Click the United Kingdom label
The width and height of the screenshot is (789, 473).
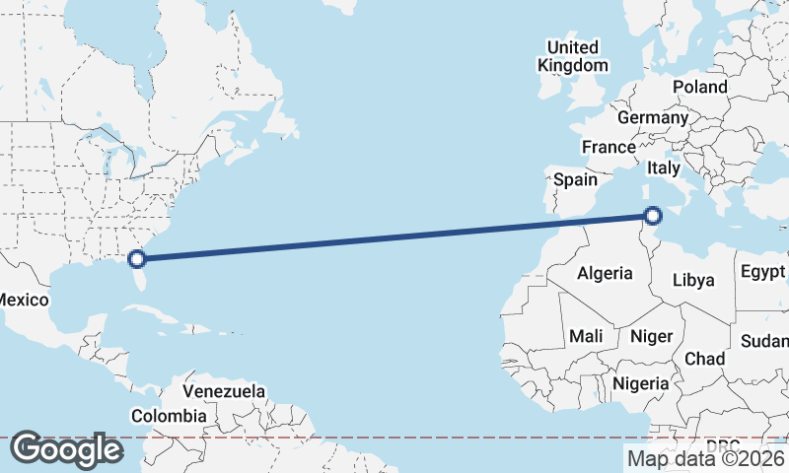pyautogui.click(x=572, y=56)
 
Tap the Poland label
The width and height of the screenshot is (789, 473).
pyautogui.click(x=700, y=87)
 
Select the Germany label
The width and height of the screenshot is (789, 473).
pyautogui.click(x=652, y=117)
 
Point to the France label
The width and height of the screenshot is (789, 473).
pyautogui.click(x=609, y=147)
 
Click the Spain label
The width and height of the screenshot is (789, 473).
pyautogui.click(x=575, y=179)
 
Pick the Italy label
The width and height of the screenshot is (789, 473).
pyautogui.click(x=664, y=169)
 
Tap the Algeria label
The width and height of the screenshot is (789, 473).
pyautogui.click(x=604, y=272)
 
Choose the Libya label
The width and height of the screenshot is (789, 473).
pyautogui.click(x=692, y=280)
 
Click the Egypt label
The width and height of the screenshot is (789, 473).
pyautogui.click(x=761, y=271)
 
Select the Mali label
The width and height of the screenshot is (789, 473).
pyautogui.click(x=586, y=336)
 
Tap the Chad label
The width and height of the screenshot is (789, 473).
pyautogui.click(x=704, y=358)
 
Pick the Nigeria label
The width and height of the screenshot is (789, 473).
pyautogui.click(x=641, y=382)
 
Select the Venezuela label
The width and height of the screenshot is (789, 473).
pyautogui.click(x=224, y=391)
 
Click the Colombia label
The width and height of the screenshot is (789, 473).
pyautogui.click(x=169, y=416)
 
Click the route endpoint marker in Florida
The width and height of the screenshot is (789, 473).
pyautogui.click(x=138, y=259)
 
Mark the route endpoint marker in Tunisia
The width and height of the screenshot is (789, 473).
pyautogui.click(x=653, y=215)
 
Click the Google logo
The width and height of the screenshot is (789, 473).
pyautogui.click(x=66, y=449)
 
